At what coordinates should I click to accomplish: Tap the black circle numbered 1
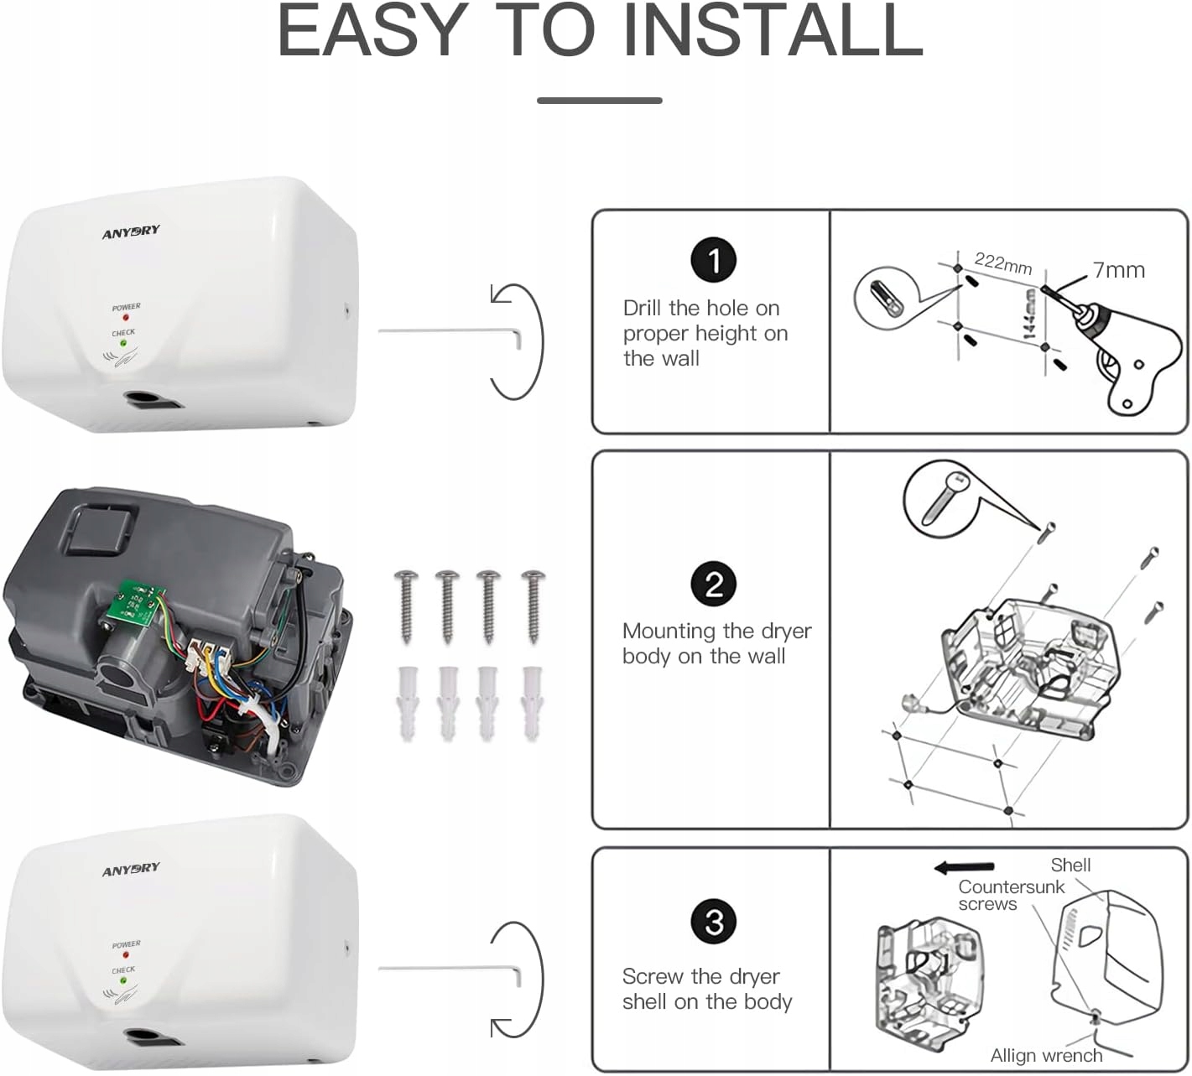pyautogui.click(x=713, y=260)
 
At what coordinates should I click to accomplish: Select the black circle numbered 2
pyautogui.click(x=713, y=584)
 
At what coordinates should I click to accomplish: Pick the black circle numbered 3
pyautogui.click(x=713, y=922)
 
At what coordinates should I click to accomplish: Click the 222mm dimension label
pyautogui.click(x=1003, y=263)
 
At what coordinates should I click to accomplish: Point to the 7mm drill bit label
pyautogui.click(x=1118, y=270)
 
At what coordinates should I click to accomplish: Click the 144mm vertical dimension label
pyautogui.click(x=1029, y=314)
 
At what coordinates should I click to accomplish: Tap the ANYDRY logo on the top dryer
pyautogui.click(x=131, y=231)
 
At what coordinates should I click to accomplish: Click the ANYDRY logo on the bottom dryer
pyautogui.click(x=131, y=869)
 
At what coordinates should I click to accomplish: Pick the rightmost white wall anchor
pyautogui.click(x=532, y=702)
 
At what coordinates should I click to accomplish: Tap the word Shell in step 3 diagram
pyautogui.click(x=1070, y=865)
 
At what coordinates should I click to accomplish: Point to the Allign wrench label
pyautogui.click(x=1045, y=1055)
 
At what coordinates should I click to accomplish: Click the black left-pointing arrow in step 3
pyautogui.click(x=964, y=867)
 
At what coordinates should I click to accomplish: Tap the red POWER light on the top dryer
pyautogui.click(x=126, y=318)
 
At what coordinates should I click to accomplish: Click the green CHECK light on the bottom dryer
pyautogui.click(x=122, y=980)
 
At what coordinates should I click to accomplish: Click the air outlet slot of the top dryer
pyautogui.click(x=153, y=399)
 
